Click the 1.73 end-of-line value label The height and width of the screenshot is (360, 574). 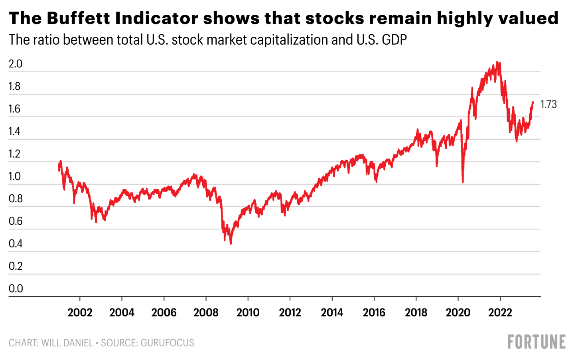pyautogui.click(x=548, y=105)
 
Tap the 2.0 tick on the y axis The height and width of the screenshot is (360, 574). pyautogui.click(x=16, y=64)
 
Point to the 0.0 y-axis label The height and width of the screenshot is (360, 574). pyautogui.click(x=16, y=289)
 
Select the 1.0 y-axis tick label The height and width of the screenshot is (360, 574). pyautogui.click(x=14, y=176)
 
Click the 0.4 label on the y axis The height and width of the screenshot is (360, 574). pyautogui.click(x=16, y=243)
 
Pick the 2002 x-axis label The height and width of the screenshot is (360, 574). pyautogui.click(x=80, y=313)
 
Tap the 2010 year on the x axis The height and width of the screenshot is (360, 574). pyautogui.click(x=248, y=313)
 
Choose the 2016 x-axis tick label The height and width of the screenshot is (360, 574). pyautogui.click(x=374, y=313)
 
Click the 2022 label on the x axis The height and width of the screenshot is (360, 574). pyautogui.click(x=500, y=313)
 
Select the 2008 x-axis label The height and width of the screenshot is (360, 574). pyautogui.click(x=206, y=313)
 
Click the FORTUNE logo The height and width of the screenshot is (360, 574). pyautogui.click(x=536, y=342)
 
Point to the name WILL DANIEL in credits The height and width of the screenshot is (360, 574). pyautogui.click(x=67, y=343)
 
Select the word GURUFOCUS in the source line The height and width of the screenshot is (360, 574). pyautogui.click(x=168, y=343)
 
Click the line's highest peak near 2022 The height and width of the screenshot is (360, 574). pyautogui.click(x=497, y=62)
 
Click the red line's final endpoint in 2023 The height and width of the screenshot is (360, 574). pyautogui.click(x=533, y=102)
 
